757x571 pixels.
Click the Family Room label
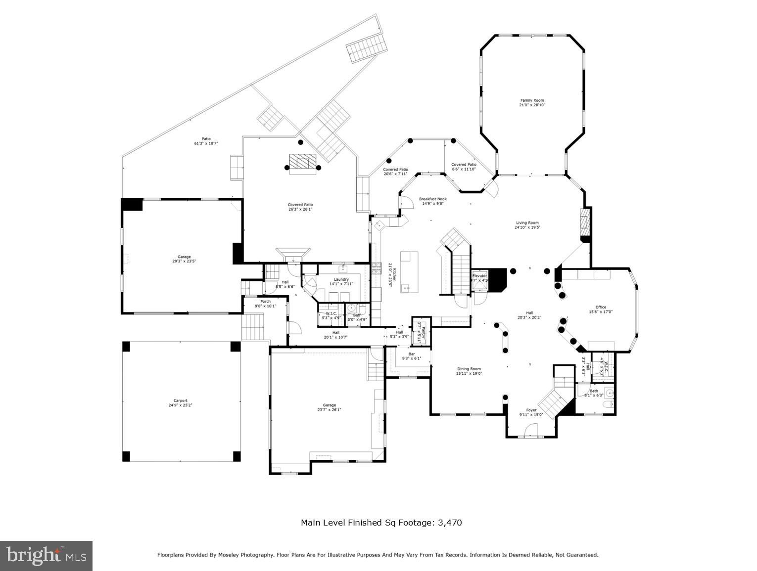[532, 100]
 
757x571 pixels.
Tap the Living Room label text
[527, 223]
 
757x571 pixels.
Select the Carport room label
[181, 401]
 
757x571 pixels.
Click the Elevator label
[479, 275]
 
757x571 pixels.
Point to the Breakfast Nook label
[433, 199]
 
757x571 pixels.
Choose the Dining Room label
[469, 369]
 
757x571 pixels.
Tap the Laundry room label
[341, 279]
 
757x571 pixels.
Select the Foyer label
[531, 410]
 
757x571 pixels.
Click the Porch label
[265, 302]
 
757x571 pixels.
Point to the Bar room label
[411, 354]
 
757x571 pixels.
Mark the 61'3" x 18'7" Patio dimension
[206, 143]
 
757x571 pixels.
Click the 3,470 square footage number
[450, 523]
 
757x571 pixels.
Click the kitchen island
[409, 272]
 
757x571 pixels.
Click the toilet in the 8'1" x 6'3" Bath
[607, 405]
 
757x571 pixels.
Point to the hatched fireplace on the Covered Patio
[302, 162]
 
